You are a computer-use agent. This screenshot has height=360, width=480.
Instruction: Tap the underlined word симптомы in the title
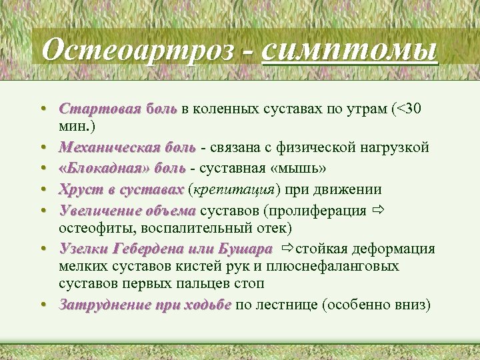coord(351,50)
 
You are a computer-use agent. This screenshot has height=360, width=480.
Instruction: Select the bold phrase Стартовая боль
coord(117,109)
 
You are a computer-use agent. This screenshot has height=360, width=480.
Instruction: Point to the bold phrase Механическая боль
coord(127,147)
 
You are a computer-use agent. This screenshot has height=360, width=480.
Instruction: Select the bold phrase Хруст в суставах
coord(121,190)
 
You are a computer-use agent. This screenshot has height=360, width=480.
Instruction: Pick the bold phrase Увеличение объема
coord(127,211)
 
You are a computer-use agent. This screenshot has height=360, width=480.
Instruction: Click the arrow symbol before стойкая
coord(287,249)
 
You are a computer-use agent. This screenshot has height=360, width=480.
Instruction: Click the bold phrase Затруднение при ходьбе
coord(145,305)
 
